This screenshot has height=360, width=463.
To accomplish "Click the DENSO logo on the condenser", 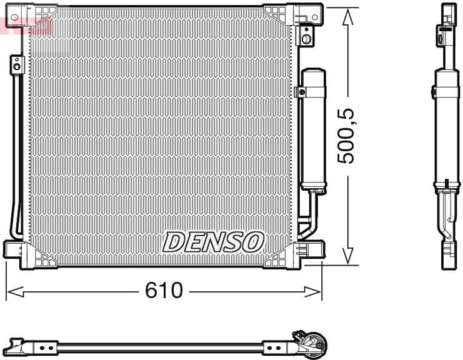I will (x=214, y=241).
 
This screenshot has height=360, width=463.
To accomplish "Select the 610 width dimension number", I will (x=164, y=291).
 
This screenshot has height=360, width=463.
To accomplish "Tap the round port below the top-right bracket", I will (x=306, y=38).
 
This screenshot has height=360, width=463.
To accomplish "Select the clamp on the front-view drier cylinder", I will (x=302, y=92).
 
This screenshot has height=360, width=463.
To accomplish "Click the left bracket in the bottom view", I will (x=31, y=346).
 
